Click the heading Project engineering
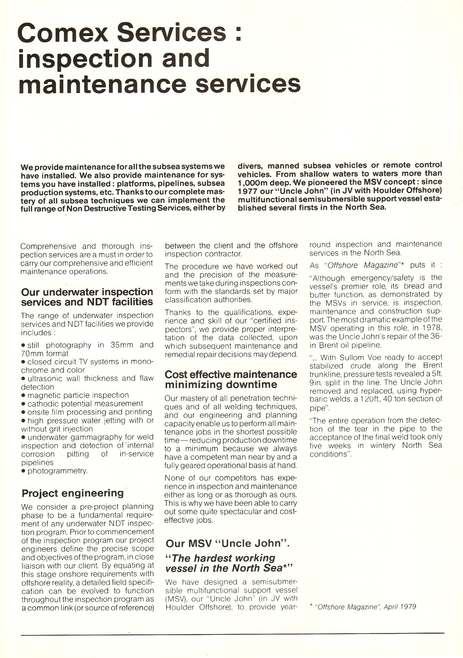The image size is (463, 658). [x=72, y=493]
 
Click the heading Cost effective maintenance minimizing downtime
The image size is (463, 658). [x=230, y=379]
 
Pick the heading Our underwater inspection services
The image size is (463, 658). [x=87, y=297]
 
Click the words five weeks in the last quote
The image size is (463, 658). [x=330, y=446]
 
